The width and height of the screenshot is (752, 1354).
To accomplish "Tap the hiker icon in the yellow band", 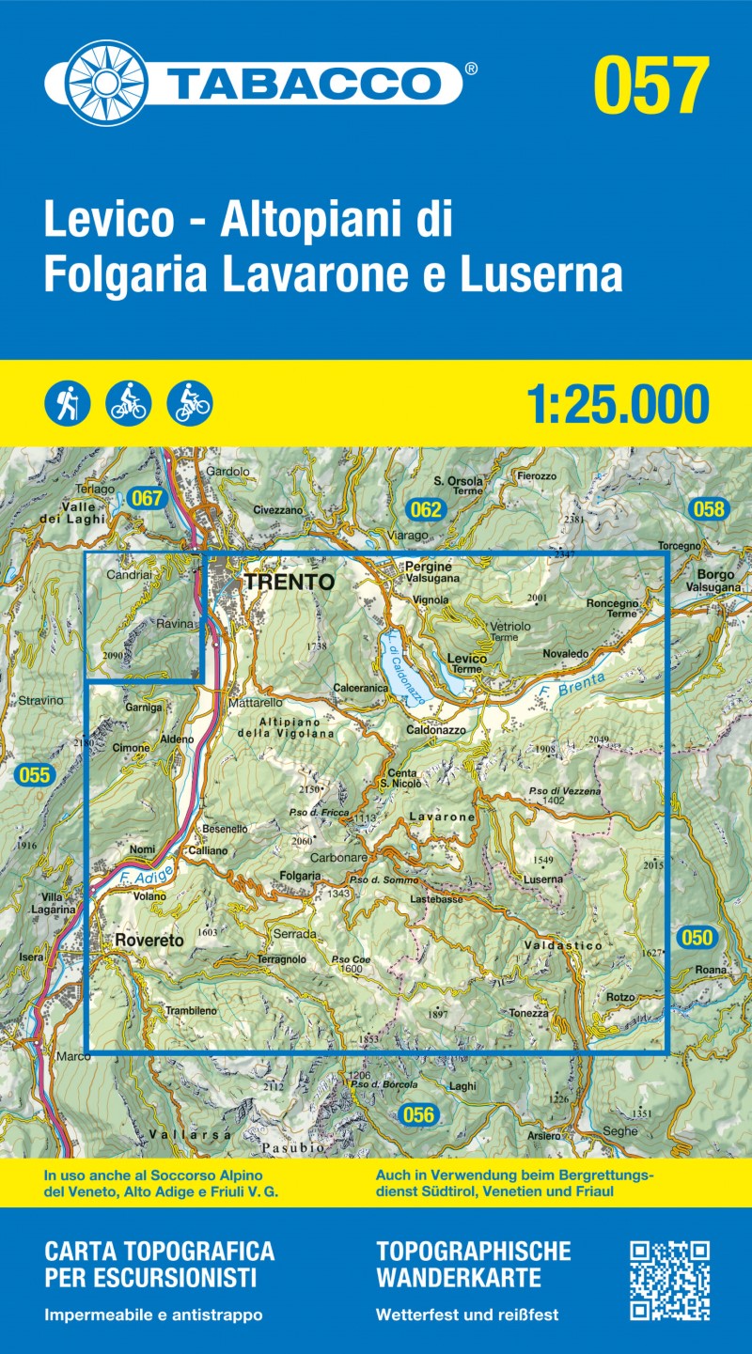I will pyautogui.click(x=67, y=403).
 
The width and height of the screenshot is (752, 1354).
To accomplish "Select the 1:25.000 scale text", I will pyautogui.click(x=617, y=404).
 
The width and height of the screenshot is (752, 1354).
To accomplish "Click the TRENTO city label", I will pyautogui.click(x=289, y=582).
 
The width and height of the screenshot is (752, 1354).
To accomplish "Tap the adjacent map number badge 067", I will pyautogui.click(x=148, y=499).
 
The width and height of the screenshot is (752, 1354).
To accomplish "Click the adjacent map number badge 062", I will pyautogui.click(x=426, y=510).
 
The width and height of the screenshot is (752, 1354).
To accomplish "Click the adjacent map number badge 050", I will pyautogui.click(x=697, y=937).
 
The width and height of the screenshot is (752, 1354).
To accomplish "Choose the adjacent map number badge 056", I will pyautogui.click(x=418, y=1115).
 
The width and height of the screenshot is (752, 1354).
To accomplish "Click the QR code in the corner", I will pyautogui.click(x=669, y=1281).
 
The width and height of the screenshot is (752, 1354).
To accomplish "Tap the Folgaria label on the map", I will pyautogui.click(x=301, y=876).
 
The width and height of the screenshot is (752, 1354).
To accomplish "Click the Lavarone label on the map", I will pyautogui.click(x=442, y=817).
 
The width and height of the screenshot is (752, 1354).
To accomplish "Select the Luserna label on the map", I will pyautogui.click(x=543, y=879).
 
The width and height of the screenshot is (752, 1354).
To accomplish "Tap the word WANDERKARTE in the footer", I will pyautogui.click(x=458, y=1278).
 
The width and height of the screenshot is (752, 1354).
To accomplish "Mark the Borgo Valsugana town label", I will pyautogui.click(x=721, y=580).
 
